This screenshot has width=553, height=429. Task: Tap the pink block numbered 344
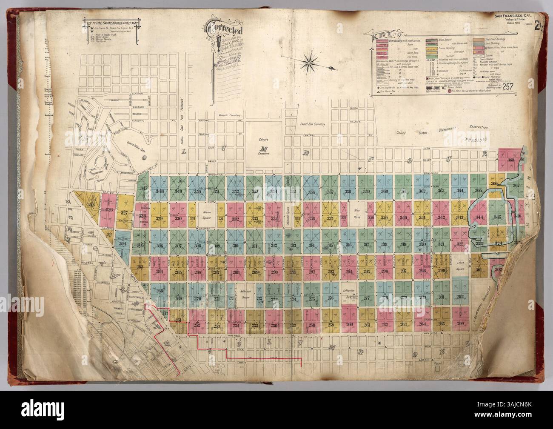pos(481,217)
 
